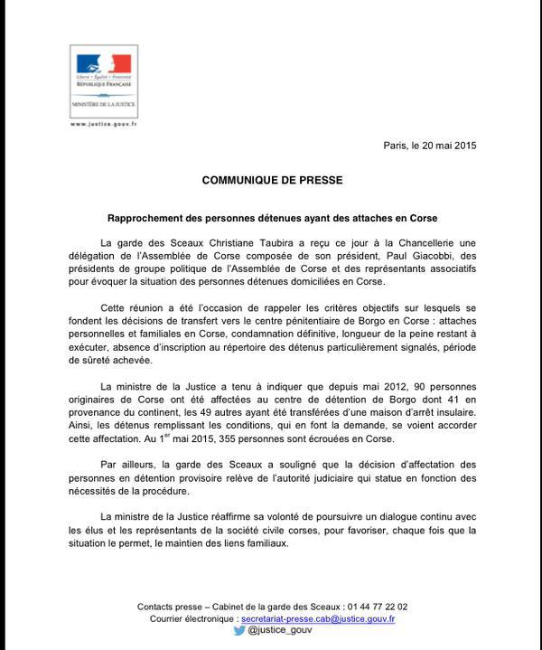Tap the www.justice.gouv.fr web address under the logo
103,124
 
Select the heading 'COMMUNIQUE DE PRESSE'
272,180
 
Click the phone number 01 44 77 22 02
376,606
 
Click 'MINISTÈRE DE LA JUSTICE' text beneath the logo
104,105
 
